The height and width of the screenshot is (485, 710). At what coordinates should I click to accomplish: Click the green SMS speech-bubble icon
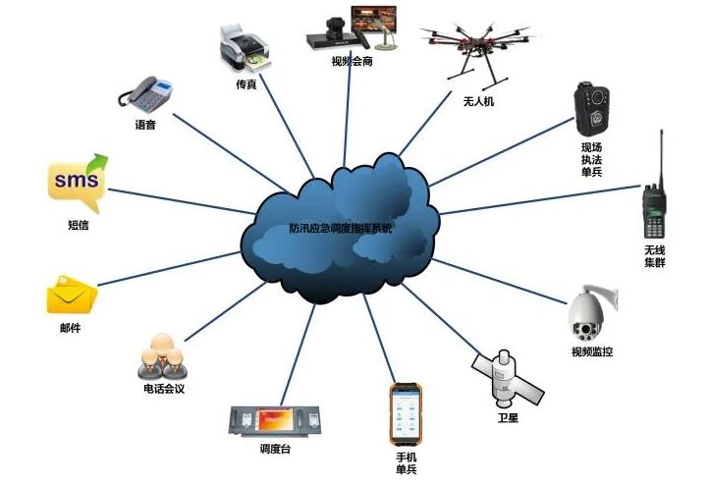tap(76, 183)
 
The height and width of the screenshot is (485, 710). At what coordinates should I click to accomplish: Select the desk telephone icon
tap(146, 92)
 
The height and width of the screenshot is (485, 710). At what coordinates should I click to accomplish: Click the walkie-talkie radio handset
tap(654, 206)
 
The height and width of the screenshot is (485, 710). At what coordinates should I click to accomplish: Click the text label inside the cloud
tap(340, 229)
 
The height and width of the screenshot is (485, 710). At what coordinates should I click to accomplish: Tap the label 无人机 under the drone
tap(478, 100)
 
